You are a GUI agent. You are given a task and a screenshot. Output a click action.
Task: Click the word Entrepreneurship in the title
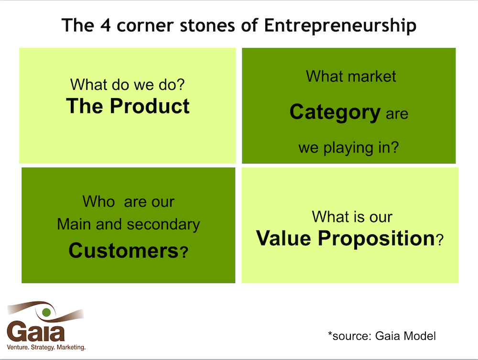coord(340,26)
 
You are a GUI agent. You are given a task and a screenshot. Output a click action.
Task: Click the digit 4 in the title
coord(106,25)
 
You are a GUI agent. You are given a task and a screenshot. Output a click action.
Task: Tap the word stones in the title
coord(207,25)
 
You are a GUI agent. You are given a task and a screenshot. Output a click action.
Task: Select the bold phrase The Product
coord(128,106)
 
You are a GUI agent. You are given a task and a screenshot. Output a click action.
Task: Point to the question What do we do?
coord(128,85)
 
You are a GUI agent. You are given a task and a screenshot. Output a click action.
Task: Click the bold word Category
coord(335,112)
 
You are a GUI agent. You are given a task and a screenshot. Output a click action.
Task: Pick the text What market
coord(351,76)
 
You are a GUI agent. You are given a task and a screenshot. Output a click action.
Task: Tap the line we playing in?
coord(348,148)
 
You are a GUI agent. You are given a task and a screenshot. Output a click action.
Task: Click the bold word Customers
coord(123,251)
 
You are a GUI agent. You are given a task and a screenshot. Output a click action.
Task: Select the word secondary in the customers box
coord(163,225)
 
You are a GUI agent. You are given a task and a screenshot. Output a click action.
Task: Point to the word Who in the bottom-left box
coord(98,201)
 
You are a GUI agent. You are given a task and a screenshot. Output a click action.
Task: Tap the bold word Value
coord(283,238)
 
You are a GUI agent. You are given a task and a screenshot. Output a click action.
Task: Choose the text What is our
coord(352,217)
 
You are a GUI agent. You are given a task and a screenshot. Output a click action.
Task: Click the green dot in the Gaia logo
coord(46,312)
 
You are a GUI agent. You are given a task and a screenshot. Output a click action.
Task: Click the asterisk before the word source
coord(330,334)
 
